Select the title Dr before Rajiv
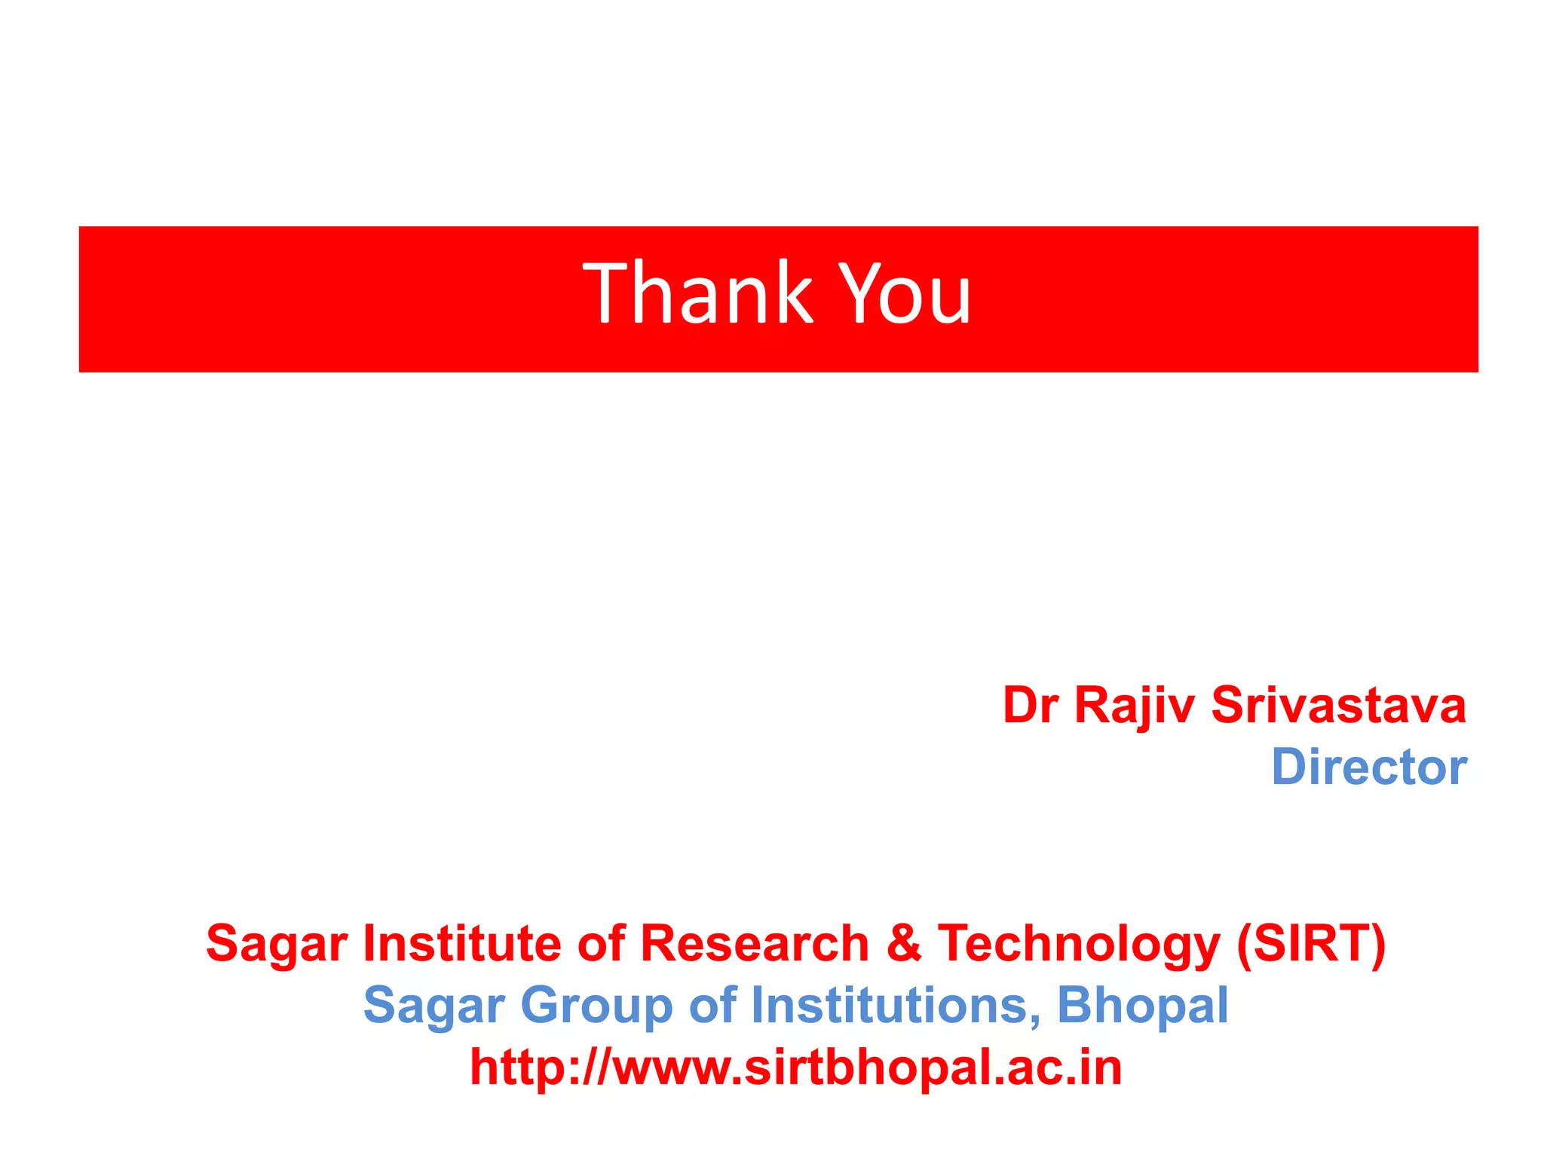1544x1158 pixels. [1031, 706]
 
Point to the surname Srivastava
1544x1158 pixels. [1338, 706]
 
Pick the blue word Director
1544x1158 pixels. [1369, 767]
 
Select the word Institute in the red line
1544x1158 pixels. [462, 943]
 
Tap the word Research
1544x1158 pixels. [755, 943]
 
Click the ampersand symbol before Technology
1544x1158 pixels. [904, 943]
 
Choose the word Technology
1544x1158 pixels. [1079, 945]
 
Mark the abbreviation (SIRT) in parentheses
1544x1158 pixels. [1311, 943]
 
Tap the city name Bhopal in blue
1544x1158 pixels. [1142, 1006]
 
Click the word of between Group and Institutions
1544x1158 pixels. [712, 1005]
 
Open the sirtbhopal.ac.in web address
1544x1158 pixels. [796, 1068]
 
